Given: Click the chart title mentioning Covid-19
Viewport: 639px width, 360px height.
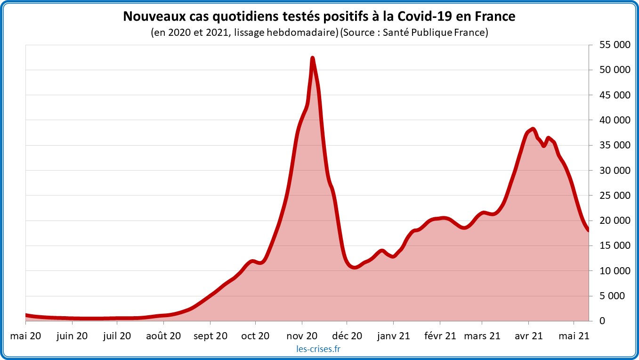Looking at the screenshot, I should coord(319,16).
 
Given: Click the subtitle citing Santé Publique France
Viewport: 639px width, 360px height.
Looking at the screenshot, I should coord(319,33).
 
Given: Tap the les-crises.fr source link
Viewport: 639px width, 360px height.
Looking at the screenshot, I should coord(319,349).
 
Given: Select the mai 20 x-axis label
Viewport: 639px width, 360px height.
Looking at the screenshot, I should coord(25,335).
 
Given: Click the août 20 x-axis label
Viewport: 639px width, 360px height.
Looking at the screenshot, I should coord(163,335).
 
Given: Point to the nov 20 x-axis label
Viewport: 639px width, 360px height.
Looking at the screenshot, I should coord(302,335).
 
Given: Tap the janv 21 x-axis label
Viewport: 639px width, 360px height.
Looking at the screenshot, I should coord(393,335).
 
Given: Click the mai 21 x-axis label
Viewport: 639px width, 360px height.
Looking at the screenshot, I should coord(574,335).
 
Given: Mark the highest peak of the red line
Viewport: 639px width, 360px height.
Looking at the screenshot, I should coord(312,58).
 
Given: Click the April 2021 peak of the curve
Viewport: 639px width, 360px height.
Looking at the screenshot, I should coord(533,129).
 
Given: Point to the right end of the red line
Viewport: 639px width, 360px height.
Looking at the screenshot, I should coord(589,230).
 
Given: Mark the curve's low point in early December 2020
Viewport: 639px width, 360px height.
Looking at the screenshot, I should coord(355,268).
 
